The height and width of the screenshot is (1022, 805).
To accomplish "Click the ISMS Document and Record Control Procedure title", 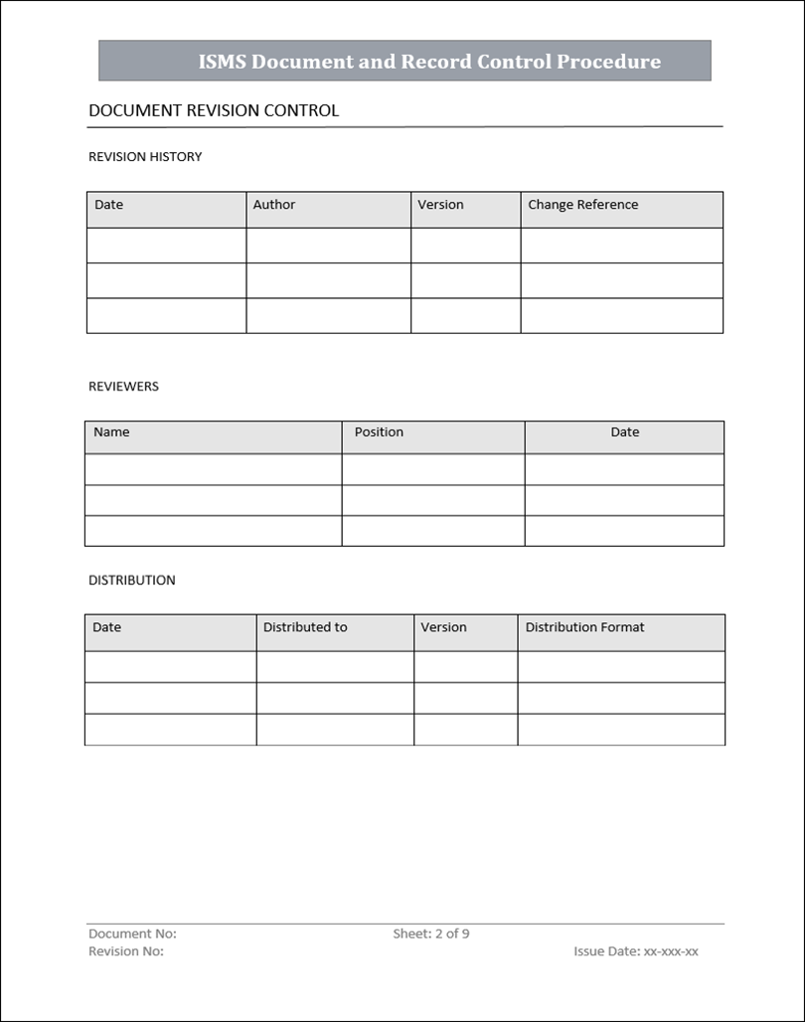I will [429, 62].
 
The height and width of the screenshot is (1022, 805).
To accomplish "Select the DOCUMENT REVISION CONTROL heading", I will [214, 110].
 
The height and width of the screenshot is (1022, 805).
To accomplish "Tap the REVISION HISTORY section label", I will [145, 156].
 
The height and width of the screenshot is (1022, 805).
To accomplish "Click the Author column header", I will [274, 205].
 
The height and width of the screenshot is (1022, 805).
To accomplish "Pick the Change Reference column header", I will [583, 205].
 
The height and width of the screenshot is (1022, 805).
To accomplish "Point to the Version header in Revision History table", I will [440, 205].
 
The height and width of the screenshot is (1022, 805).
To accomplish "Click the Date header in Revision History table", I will [109, 205].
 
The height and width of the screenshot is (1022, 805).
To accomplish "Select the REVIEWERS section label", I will [123, 386].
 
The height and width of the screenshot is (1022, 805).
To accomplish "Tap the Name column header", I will [111, 432].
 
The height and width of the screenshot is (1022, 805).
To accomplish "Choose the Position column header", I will [379, 432].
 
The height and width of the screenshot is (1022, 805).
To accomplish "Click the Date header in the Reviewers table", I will [625, 432].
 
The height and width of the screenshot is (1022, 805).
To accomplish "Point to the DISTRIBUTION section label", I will [132, 580].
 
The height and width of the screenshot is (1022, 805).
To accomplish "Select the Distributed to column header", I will [305, 627].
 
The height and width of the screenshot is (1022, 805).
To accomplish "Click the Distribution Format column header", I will [584, 627].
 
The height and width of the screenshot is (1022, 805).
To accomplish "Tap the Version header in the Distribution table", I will [443, 627].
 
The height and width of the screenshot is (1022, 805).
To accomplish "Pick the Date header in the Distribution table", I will [107, 627].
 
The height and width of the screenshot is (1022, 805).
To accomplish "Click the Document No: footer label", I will [132, 934].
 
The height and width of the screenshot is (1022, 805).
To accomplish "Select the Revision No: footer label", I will [126, 951].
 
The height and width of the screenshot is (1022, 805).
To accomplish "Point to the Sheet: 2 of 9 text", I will [431, 934].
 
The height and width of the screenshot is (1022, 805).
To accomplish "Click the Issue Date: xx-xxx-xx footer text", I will [636, 951].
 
